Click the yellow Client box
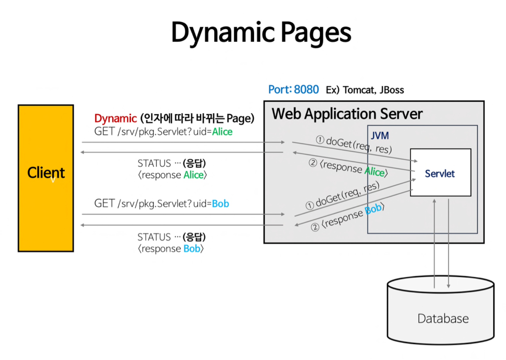46,178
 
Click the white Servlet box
440,173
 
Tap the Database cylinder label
443,318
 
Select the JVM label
380,136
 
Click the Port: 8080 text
293,90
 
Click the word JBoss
392,90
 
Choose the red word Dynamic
115,118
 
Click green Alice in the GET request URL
222,132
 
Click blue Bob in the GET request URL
220,204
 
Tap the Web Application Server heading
347,114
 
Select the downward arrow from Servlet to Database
449,244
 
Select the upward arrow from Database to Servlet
434,244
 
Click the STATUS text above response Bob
154,237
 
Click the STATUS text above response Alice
154,163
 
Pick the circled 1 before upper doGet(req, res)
320,140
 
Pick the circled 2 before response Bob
315,228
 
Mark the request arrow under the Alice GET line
182,142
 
